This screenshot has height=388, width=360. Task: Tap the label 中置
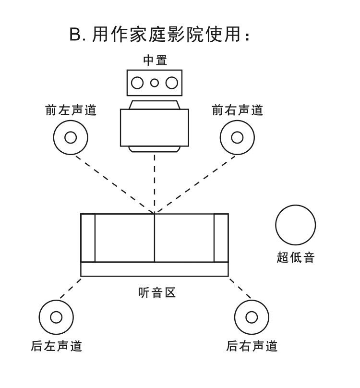coord(155,61)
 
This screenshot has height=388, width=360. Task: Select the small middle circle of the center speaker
coord(155,83)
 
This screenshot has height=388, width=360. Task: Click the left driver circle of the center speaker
coord(138,83)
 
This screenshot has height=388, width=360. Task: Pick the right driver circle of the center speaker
coord(171,83)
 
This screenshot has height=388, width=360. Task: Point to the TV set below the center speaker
coord(154,127)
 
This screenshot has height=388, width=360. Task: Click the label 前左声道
coord(71,110)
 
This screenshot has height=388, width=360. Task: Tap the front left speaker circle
coord(71,137)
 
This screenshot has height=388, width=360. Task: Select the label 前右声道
coord(238,110)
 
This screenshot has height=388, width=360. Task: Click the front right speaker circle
coord(237,137)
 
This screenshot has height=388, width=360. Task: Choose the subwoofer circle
coord(295,225)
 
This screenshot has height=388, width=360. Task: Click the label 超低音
coord(295,257)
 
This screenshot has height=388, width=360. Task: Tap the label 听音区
coord(154,292)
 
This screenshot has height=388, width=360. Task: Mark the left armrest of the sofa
coord(88,238)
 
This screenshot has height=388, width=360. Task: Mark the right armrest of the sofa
coord(221,238)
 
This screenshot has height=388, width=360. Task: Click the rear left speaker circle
coord(56,317)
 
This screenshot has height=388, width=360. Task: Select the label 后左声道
coord(56,346)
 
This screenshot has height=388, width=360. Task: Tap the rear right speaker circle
coord(252,317)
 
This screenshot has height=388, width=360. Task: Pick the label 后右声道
coord(252,346)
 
